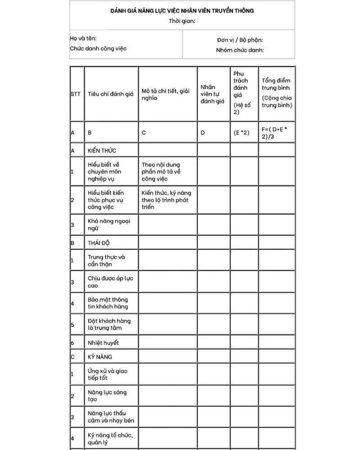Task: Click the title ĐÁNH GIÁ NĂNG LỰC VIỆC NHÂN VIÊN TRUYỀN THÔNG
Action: pyautogui.click(x=182, y=10)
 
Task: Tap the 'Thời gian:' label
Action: pyautogui.click(x=182, y=21)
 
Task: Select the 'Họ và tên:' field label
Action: pyautogui.click(x=83, y=39)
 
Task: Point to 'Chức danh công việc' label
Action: pyautogui.click(x=98, y=49)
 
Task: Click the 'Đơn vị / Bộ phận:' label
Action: pyautogui.click(x=240, y=40)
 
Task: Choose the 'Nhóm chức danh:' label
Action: pyautogui.click(x=240, y=50)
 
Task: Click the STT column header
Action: pyautogui.click(x=75, y=94)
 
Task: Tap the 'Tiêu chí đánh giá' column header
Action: pyautogui.click(x=111, y=94)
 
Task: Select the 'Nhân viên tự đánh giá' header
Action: pyautogui.click(x=212, y=94)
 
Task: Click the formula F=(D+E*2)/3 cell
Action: pyautogui.click(x=274, y=133)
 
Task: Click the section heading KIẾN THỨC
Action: pyautogui.click(x=102, y=150)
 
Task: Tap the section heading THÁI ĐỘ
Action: pyautogui.click(x=99, y=243)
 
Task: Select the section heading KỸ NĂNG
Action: pyautogui.click(x=100, y=357)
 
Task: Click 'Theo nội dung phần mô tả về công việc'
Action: pyautogui.click(x=161, y=172)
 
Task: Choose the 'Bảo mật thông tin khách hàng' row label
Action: pyautogui.click(x=108, y=303)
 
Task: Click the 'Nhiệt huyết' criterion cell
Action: pyautogui.click(x=103, y=343)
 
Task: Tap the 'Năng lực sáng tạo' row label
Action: pyautogui.click(x=107, y=396)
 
